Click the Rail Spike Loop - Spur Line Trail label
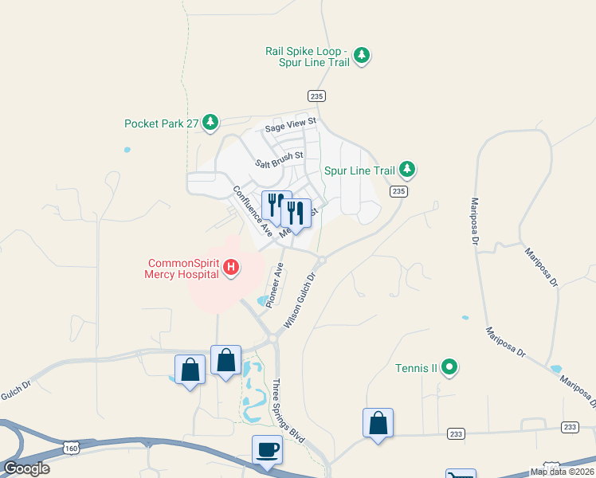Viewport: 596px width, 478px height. coord(308,57)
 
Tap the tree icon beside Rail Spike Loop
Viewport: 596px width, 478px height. coord(363,55)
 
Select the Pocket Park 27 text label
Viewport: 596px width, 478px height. coord(161,123)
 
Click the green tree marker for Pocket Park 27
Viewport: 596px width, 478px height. coord(210,122)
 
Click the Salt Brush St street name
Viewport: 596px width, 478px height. coord(280,160)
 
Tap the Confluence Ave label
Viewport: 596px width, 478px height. coord(253,211)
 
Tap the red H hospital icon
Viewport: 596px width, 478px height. coord(231,267)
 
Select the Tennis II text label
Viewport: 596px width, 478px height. coord(417,368)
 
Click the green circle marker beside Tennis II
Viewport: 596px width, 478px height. coord(450,367)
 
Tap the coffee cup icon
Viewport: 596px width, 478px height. coord(267,450)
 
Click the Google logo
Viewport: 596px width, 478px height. coord(26,468)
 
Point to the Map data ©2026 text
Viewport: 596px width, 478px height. coord(561,472)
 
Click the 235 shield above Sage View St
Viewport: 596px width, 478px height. coord(317,96)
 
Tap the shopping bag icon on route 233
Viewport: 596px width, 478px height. coord(378,424)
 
